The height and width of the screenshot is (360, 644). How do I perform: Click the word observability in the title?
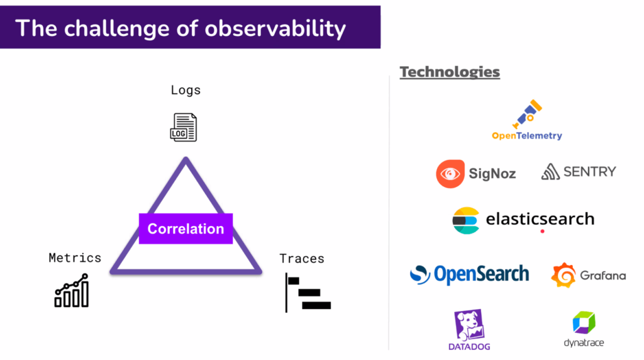pos(275,29)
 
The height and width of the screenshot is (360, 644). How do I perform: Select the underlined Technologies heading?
pos(450,72)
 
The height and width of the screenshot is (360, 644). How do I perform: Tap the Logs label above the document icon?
pos(186,90)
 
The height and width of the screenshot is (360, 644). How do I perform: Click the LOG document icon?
pos(184,127)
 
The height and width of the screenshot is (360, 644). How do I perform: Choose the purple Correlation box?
pos(186,228)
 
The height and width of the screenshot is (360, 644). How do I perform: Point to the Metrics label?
pos(75,257)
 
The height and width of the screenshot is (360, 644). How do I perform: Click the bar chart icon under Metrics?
pos(72,290)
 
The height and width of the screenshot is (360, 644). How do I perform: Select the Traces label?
pos(302,259)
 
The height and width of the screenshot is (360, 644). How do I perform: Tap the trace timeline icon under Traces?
pos(308,293)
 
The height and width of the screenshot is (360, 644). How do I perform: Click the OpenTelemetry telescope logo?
pos(528,114)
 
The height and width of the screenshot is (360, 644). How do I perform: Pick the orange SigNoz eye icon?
pos(450,174)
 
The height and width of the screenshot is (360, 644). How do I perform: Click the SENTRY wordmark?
pos(590,172)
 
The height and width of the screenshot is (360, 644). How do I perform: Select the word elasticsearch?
pos(540,218)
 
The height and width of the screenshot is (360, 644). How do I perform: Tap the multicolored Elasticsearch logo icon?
pos(466,221)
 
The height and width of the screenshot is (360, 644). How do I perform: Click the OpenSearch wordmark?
pos(481,274)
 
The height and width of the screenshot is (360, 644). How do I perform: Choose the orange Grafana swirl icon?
pos(563,275)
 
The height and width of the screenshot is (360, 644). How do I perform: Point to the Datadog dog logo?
pos(469,325)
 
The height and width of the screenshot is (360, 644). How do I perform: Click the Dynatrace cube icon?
pos(584,323)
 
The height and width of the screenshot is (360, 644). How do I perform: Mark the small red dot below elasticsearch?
pos(543,232)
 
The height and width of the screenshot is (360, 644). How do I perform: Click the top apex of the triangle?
pos(186,158)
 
